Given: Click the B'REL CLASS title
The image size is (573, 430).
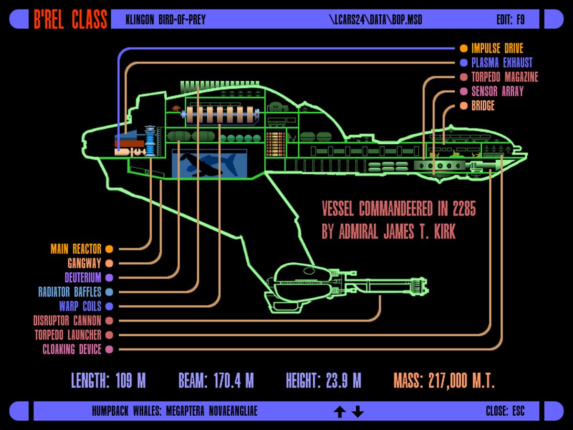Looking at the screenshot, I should (70, 20).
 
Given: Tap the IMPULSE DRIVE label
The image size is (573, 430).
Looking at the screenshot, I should (497, 48).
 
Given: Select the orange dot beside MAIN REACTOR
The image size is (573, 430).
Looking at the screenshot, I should (109, 249).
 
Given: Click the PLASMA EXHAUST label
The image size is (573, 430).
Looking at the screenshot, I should (501, 63).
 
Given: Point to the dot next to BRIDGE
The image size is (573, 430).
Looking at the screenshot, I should (464, 106).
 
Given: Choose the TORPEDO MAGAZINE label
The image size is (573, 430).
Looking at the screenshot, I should (505, 77).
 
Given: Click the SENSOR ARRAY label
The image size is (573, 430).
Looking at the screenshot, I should (497, 91).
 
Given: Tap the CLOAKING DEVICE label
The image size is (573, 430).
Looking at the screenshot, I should (72, 349).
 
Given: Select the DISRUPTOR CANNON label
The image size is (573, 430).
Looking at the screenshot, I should (67, 321).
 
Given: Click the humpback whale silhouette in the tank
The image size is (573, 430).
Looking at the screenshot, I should (210, 164).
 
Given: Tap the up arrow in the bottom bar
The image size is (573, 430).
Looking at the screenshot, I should (340, 411).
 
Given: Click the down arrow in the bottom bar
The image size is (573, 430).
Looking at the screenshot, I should (358, 411).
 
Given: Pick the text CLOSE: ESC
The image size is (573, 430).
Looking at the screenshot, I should (505, 411).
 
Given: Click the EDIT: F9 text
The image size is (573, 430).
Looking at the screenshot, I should (510, 20).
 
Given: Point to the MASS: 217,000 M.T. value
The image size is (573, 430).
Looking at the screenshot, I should (444, 381).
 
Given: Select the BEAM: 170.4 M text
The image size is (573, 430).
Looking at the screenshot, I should (216, 381).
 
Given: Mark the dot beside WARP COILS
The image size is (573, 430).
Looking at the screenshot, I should (109, 306).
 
